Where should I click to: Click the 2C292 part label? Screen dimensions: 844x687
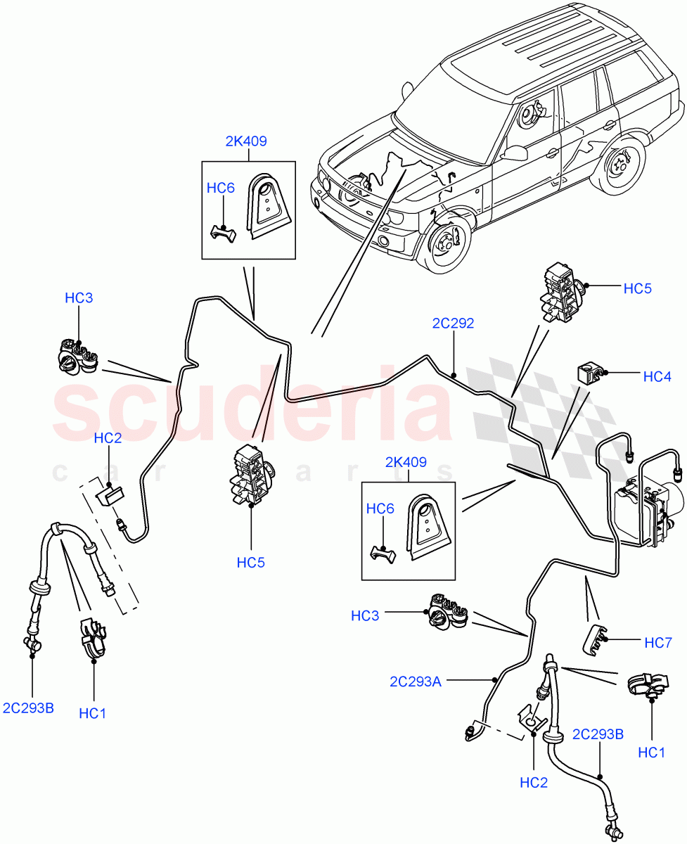pyautogui.click(x=453, y=324)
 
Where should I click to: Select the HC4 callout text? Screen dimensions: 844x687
pyautogui.click(x=657, y=377)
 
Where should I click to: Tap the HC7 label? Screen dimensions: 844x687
pyautogui.click(x=658, y=642)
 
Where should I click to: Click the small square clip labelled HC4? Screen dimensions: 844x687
pyautogui.click(x=589, y=373)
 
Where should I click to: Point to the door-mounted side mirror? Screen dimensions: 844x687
pyautogui.click(x=517, y=153)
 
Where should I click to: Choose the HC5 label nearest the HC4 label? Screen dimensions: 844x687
pyautogui.click(x=638, y=288)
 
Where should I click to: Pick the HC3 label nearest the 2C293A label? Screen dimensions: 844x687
pyautogui.click(x=366, y=616)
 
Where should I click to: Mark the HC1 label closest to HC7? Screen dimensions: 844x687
pyautogui.click(x=651, y=753)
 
